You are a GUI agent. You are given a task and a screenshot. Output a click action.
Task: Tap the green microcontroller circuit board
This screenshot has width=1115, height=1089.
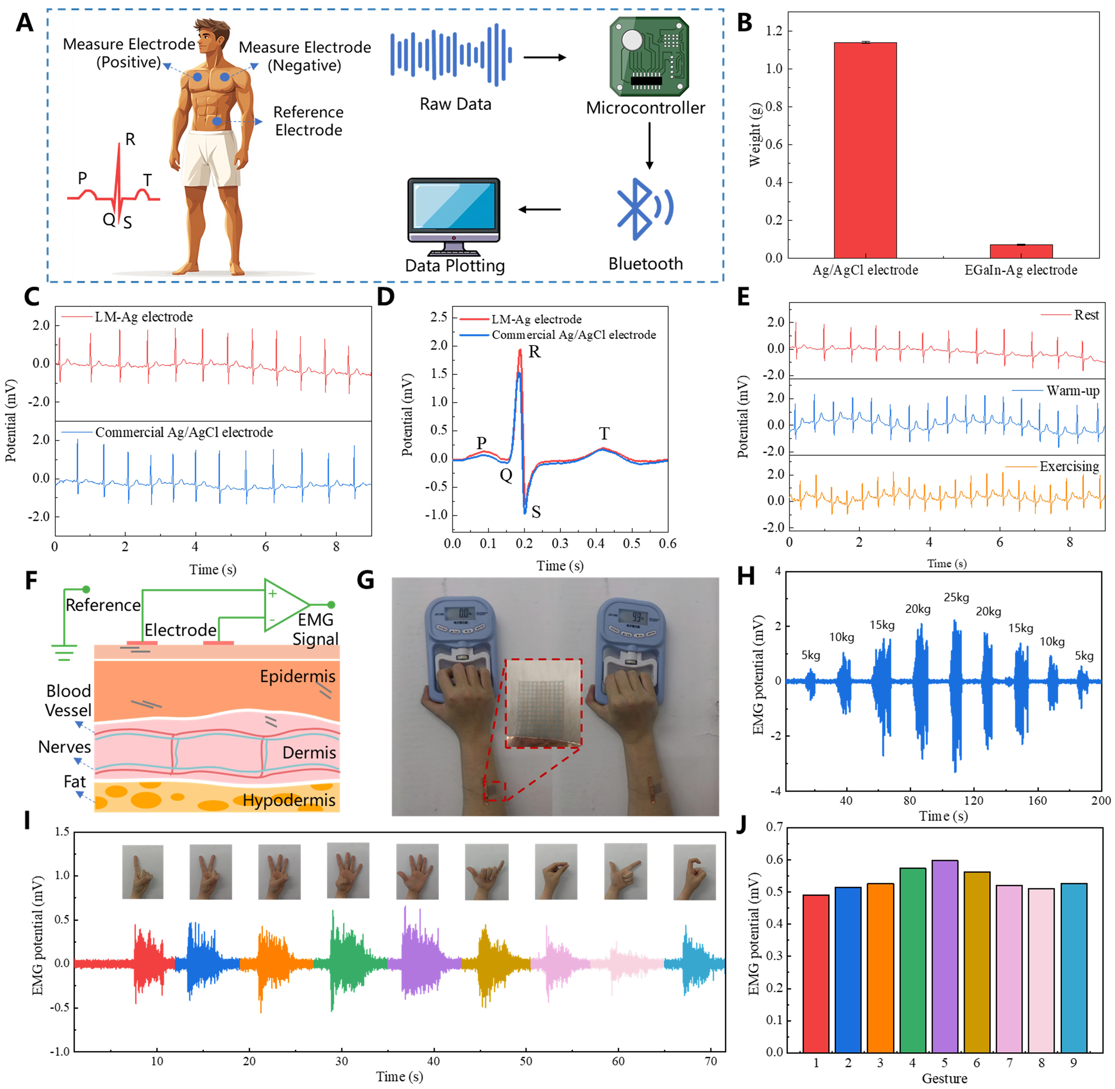tap(649, 56)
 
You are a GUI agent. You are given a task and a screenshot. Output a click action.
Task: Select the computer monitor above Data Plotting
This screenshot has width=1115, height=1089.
tap(454, 213)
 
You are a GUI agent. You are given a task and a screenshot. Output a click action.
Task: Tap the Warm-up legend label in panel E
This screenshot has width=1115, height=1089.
tap(1073, 391)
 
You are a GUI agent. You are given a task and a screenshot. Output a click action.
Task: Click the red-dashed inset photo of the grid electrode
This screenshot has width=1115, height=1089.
tap(543, 703)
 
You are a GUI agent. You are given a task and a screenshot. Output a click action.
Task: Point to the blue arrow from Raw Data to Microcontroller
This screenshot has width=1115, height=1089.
tap(545, 57)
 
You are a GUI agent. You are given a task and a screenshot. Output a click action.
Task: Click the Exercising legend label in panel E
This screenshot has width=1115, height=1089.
tap(1069, 466)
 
